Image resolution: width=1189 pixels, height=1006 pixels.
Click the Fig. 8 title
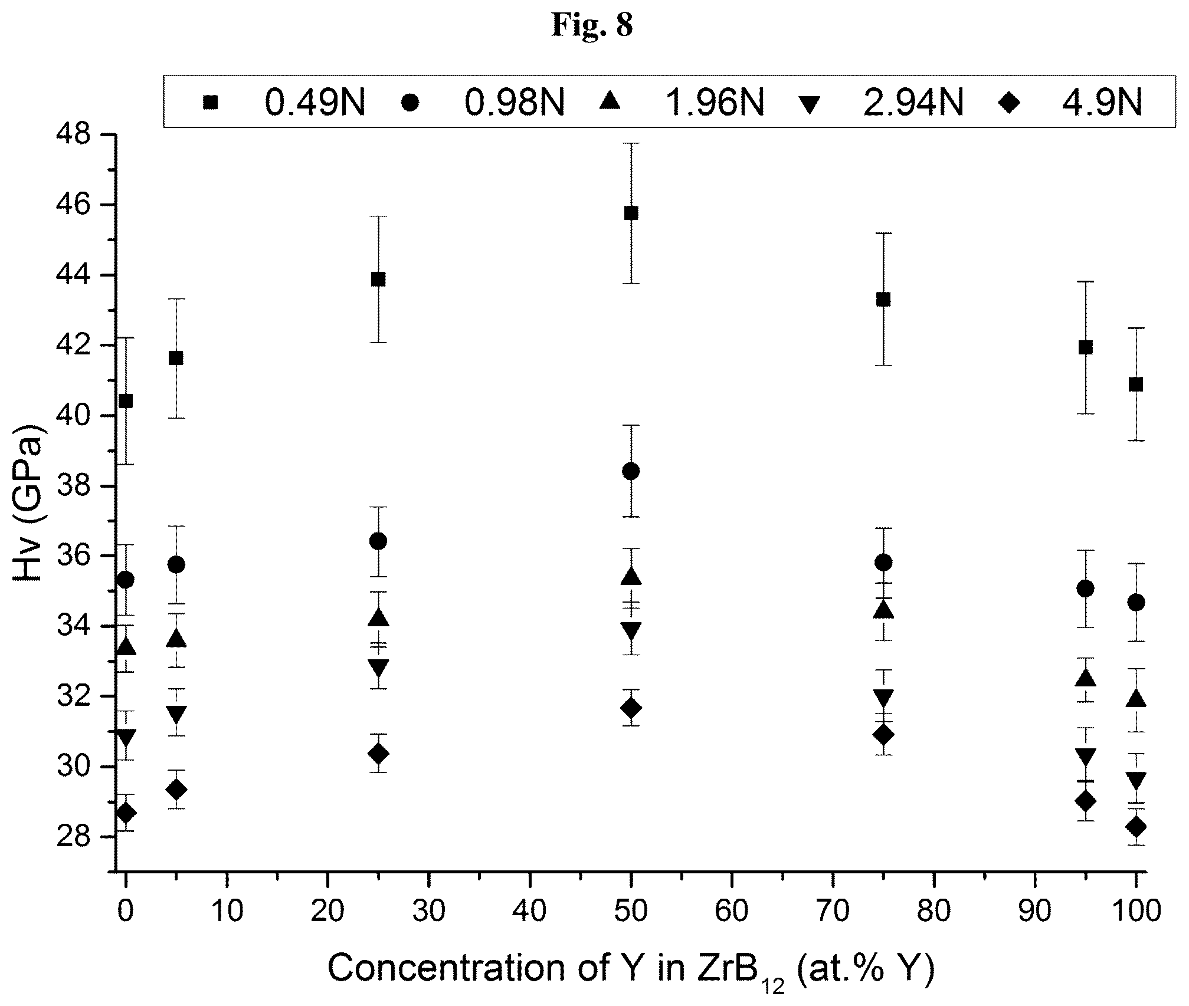(x=592, y=25)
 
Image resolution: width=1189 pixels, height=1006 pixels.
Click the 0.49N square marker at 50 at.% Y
(x=631, y=213)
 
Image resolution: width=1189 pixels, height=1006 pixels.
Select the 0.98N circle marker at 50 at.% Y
(x=631, y=471)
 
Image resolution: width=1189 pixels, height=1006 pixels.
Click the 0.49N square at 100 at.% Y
(x=1135, y=384)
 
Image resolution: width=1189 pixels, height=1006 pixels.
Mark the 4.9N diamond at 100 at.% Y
(x=1135, y=827)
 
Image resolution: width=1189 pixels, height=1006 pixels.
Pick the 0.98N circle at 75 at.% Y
(x=883, y=563)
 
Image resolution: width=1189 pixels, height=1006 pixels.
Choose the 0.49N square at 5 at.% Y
(x=176, y=358)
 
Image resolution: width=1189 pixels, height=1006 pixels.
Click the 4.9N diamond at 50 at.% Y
(x=631, y=708)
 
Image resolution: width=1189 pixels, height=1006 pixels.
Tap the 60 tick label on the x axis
(x=732, y=912)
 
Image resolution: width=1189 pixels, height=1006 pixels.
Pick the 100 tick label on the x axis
(x=1135, y=912)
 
